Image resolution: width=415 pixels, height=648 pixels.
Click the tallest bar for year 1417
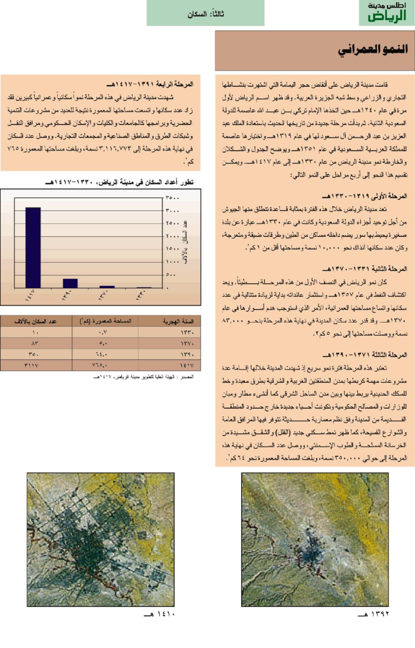[33, 247]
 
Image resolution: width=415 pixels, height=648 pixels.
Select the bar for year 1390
[70, 283]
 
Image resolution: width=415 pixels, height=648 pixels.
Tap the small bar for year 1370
[107, 287]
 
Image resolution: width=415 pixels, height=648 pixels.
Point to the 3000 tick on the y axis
[172, 211]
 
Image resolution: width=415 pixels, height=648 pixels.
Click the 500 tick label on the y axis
[171, 275]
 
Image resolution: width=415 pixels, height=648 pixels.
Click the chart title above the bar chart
[119, 182]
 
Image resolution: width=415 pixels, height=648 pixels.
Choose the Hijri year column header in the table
[178, 321]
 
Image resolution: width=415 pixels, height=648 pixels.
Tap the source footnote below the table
[144, 377]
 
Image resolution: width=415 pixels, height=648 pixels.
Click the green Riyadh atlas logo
[386, 13]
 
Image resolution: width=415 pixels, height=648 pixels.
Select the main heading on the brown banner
[372, 50]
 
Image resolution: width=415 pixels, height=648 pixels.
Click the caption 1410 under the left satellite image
[159, 614]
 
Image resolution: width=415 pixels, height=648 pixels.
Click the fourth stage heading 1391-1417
[149, 85]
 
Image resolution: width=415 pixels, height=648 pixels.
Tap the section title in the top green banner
[205, 14]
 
